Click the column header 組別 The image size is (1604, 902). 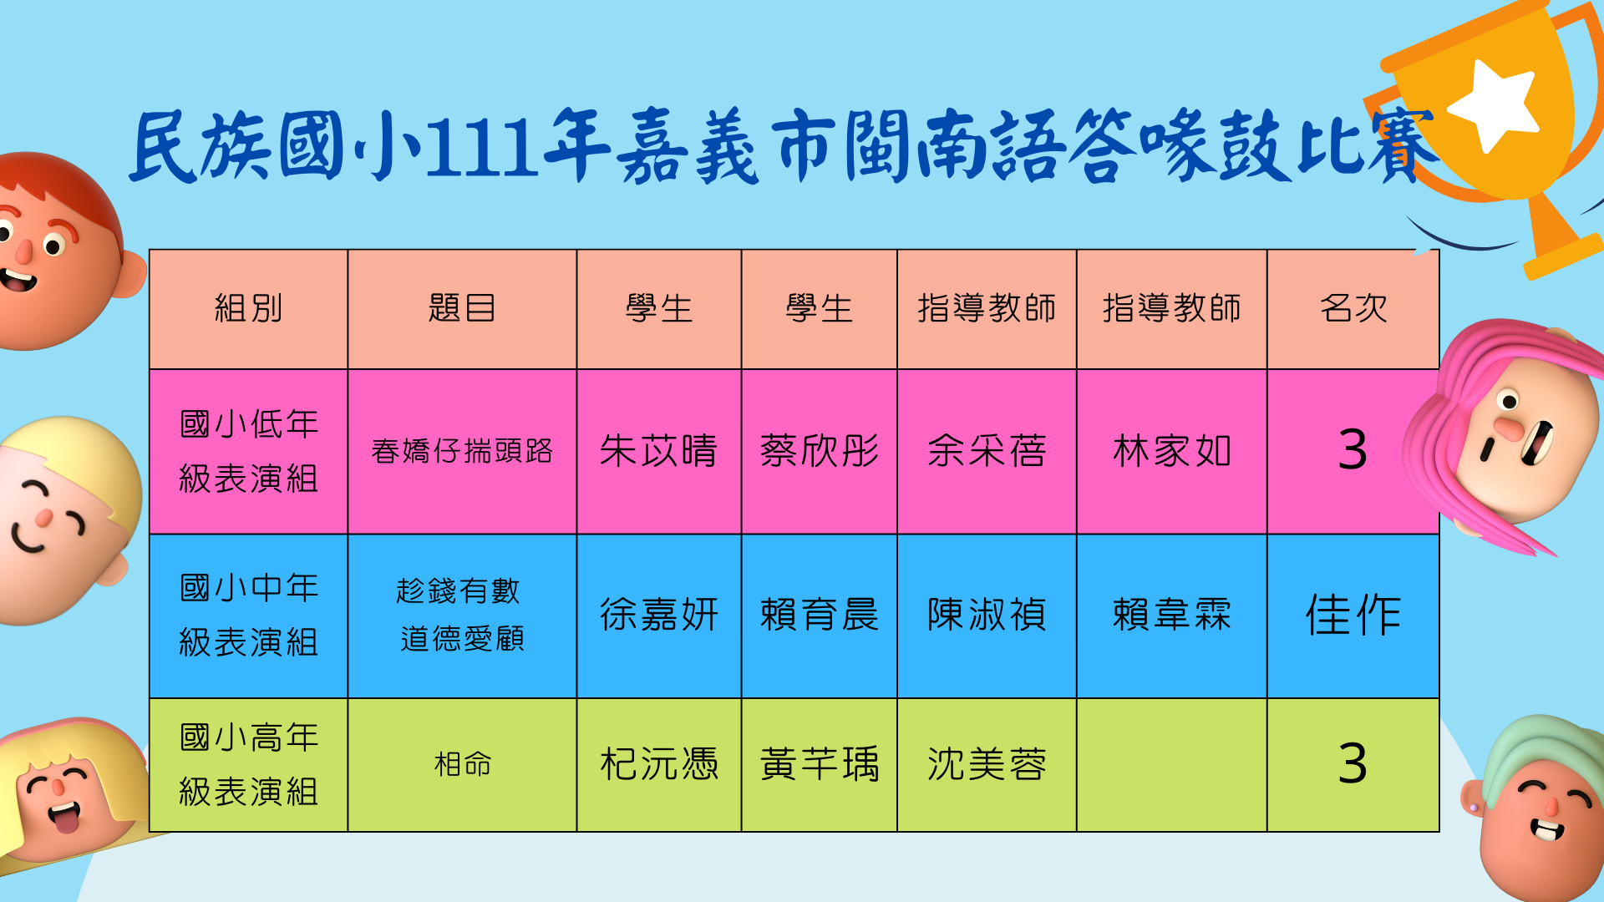coord(248,308)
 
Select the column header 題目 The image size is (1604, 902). coord(462,308)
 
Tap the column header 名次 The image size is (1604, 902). coord(1353,308)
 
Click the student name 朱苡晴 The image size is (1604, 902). coord(658,451)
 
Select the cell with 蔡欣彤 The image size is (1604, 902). coord(819,451)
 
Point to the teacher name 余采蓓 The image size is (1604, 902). coord(987,451)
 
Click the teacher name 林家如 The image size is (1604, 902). coord(1171,451)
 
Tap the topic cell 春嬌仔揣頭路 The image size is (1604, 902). coord(462,451)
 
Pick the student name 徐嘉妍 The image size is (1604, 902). coord(658,615)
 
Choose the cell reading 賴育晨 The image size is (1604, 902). coord(819,615)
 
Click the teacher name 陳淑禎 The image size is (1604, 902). coord(987,615)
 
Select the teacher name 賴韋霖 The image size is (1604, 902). coord(1171,615)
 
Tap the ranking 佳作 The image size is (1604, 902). coord(1353,615)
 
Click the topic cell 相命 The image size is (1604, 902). coord(462,764)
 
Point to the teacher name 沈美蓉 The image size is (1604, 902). coord(987,764)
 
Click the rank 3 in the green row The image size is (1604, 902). coord(1353,763)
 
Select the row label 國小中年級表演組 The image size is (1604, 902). coord(248,615)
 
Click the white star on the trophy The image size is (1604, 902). coord(1494,104)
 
